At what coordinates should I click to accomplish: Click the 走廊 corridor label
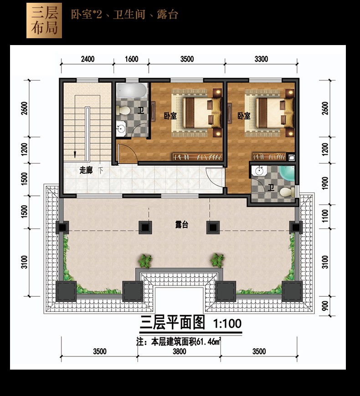click(x=86, y=170)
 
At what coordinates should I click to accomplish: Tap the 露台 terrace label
click(x=182, y=224)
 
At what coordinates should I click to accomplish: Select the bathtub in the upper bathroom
click(x=131, y=91)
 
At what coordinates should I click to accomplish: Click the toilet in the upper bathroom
click(x=123, y=110)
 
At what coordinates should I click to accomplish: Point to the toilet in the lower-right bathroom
click(x=287, y=193)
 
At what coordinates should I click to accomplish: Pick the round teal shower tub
click(x=288, y=173)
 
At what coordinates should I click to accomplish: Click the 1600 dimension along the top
click(x=131, y=59)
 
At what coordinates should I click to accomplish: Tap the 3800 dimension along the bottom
click(x=179, y=351)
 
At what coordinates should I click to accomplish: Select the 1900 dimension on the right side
click(x=325, y=183)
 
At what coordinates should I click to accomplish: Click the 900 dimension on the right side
click(x=325, y=306)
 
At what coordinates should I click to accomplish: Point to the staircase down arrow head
click(x=75, y=155)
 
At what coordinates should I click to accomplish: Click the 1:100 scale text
click(x=227, y=324)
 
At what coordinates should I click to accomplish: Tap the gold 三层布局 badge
click(x=44, y=20)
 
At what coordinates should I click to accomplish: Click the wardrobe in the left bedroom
click(x=197, y=157)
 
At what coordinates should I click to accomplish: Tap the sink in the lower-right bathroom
click(x=259, y=171)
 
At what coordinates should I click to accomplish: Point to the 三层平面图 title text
click(x=172, y=323)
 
